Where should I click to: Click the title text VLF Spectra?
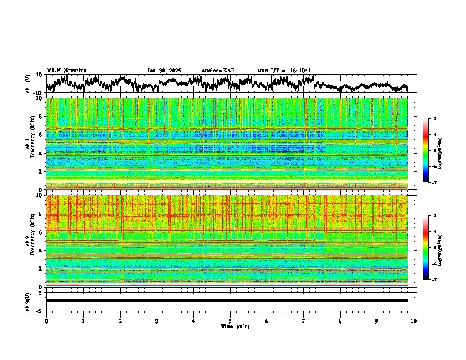66,70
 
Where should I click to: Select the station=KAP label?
218,71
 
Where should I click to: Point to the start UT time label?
284,71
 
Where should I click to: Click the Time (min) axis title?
230,326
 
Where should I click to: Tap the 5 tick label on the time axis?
230,321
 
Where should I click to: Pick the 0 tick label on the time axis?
46,321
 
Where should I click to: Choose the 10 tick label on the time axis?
414,321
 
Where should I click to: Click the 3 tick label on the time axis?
157,321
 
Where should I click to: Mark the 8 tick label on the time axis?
340,321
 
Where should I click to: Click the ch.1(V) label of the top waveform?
28,84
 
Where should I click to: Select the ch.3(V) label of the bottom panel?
28,300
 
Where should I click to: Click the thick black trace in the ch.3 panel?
227,301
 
